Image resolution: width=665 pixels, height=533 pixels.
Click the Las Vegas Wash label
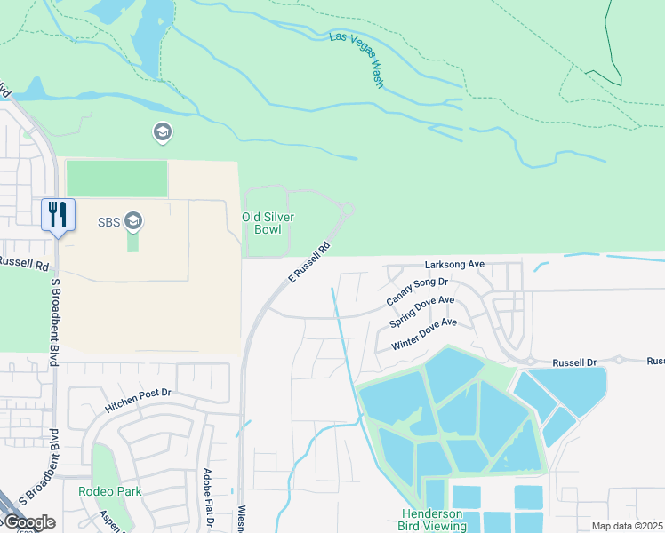click(x=357, y=60)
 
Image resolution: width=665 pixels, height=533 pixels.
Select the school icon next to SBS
click(x=133, y=219)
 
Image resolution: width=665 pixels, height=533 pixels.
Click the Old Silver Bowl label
click(x=268, y=223)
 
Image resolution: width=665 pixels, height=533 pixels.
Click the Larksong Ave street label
click(x=453, y=265)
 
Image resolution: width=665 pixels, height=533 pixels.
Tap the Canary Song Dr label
click(x=417, y=291)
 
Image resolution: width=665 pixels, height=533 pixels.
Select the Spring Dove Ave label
click(x=422, y=313)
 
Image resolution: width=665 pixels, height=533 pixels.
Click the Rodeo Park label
click(x=109, y=491)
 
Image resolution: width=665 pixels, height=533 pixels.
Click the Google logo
click(x=28, y=522)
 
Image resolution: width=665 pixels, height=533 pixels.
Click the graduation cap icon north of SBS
click(x=162, y=133)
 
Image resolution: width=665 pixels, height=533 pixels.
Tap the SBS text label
click(x=108, y=220)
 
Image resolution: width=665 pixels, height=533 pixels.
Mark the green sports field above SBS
click(x=116, y=179)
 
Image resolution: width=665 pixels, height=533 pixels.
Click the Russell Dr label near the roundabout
click(x=574, y=363)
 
